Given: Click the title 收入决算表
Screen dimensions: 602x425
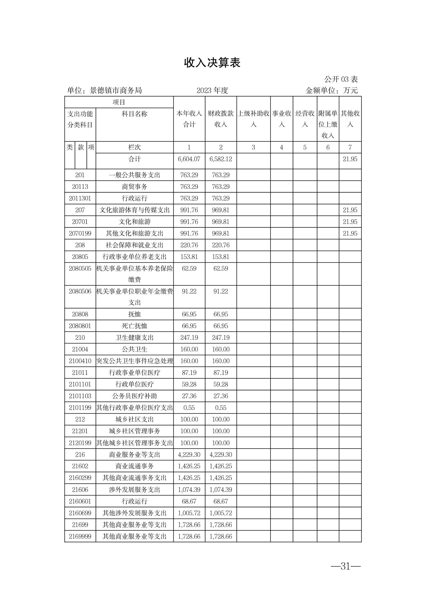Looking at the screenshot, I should (x=212, y=63).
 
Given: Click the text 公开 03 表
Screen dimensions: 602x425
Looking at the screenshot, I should (x=341, y=79).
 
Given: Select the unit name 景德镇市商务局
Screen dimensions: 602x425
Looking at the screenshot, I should (x=116, y=90).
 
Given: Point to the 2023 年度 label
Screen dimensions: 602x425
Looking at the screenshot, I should (x=212, y=90).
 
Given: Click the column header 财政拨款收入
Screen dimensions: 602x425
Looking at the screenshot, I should (x=221, y=119).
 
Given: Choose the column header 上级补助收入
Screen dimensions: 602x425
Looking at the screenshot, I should (x=253, y=119).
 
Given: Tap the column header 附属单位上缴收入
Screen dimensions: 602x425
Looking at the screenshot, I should (x=328, y=124).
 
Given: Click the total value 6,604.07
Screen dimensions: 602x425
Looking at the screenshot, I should (x=189, y=159).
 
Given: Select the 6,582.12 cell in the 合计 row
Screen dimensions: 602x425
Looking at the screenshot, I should (x=221, y=159).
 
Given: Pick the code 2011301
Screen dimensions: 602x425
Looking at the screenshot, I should (x=80, y=198).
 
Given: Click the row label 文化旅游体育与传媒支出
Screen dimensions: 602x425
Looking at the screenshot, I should (x=135, y=210).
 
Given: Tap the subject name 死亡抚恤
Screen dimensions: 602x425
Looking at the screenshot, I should (x=135, y=326).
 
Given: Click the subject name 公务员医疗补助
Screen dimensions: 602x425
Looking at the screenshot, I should (x=135, y=396).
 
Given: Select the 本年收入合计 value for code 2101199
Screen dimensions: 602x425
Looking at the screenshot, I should (x=189, y=408).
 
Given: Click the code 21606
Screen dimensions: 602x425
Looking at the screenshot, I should (x=80, y=490).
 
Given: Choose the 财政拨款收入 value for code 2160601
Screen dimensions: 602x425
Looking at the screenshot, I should (x=221, y=501).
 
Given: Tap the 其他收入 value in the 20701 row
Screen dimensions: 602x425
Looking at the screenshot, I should (x=350, y=222).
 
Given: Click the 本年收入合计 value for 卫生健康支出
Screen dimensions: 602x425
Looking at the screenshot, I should (x=189, y=338).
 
